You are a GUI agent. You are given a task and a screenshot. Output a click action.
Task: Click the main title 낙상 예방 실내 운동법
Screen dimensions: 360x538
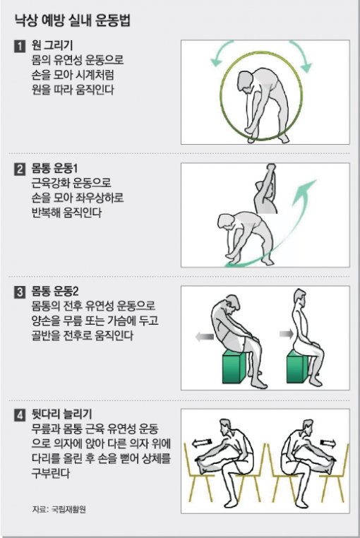click(73, 20)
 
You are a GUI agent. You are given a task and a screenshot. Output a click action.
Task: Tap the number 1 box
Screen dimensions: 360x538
click(20, 46)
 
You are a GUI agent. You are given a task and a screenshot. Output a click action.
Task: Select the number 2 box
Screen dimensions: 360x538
click(20, 169)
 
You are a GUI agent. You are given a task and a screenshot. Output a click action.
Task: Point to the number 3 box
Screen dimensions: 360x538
click(20, 292)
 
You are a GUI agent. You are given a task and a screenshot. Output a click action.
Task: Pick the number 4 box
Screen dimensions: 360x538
click(20, 416)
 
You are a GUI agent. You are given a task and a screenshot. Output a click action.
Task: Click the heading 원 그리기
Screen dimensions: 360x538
click(52, 45)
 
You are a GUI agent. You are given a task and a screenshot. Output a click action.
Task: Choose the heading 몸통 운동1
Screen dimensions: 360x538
click(54, 169)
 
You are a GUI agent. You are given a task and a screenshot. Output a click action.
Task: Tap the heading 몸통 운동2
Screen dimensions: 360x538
click(55, 292)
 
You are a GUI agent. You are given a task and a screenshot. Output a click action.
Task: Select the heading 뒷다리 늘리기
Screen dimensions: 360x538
click(61, 415)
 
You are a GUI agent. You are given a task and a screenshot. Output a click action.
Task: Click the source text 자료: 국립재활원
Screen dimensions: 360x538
click(59, 509)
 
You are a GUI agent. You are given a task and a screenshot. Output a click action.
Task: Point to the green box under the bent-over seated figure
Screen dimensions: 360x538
click(234, 366)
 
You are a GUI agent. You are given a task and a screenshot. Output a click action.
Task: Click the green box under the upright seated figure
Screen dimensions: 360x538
click(297, 366)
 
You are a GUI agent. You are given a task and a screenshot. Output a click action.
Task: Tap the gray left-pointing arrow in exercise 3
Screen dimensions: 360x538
click(205, 337)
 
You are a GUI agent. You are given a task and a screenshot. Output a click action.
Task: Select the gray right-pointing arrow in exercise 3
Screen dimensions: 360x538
click(287, 333)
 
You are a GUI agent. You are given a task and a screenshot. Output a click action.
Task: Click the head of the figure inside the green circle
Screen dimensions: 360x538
click(246, 81)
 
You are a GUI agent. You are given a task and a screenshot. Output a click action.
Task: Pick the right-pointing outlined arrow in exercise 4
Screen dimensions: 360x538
click(329, 443)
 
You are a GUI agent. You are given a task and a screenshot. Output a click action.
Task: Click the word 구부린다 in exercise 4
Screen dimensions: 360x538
click(50, 474)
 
